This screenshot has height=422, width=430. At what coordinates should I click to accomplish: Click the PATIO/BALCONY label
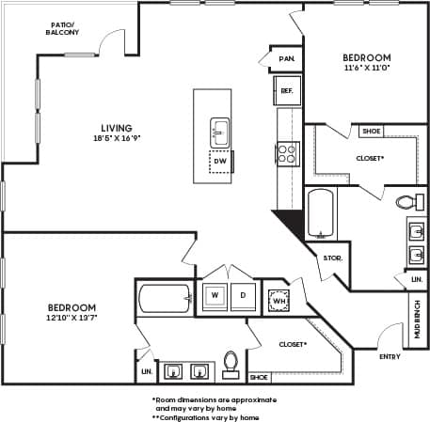(61, 26)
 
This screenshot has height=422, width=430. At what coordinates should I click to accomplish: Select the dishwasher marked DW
(220, 162)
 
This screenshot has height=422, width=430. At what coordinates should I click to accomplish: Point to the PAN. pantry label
(287, 58)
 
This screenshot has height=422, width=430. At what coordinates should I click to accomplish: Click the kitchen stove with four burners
(288, 152)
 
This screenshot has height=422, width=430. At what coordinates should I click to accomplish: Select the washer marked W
(215, 295)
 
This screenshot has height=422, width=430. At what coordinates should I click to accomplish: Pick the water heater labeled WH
(278, 300)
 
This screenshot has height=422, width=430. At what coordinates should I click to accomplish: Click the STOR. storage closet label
(331, 258)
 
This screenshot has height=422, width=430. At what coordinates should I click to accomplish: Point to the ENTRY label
(389, 357)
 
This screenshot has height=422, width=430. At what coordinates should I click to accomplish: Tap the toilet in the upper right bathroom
(406, 200)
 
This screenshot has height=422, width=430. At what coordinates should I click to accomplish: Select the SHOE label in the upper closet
(371, 132)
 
